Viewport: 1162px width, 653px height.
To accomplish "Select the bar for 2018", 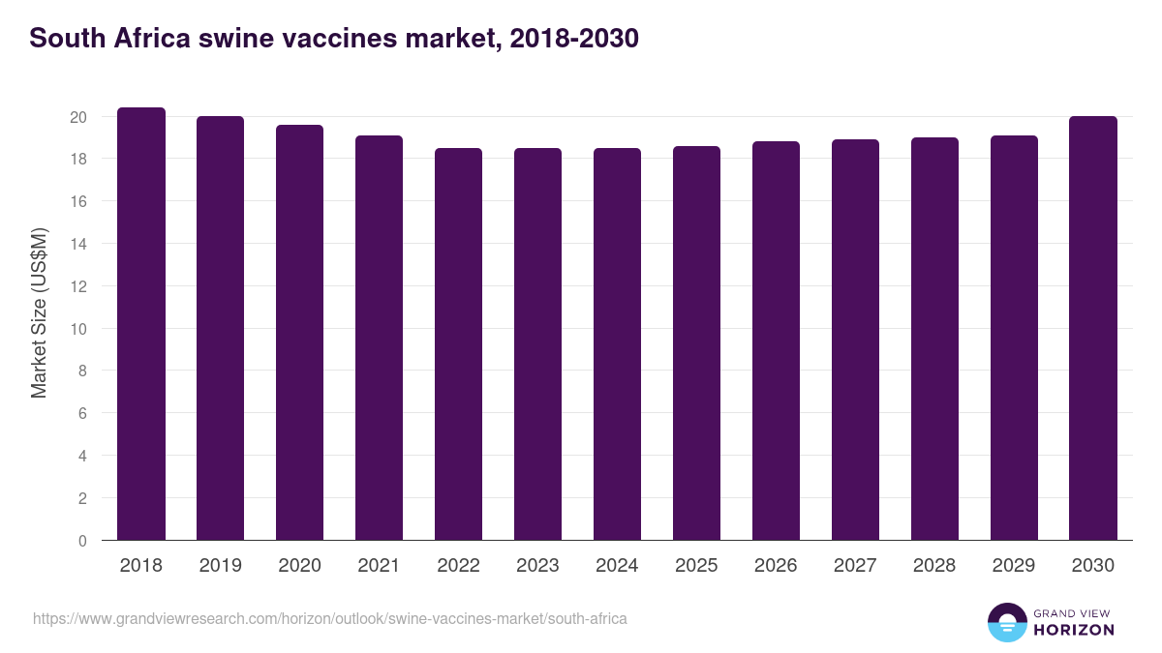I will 141,324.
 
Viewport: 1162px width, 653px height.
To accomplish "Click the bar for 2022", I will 458,344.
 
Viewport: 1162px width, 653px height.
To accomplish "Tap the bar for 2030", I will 1093,328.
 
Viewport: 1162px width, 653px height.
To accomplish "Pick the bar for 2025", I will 696,343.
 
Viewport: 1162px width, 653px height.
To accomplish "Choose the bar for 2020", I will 299,333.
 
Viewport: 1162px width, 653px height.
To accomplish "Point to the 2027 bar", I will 855,340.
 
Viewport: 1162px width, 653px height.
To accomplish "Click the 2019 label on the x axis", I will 220,566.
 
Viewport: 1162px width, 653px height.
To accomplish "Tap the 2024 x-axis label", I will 617,566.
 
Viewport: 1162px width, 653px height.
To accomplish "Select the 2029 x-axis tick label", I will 1014,566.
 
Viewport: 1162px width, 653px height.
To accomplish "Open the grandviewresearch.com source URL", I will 330,618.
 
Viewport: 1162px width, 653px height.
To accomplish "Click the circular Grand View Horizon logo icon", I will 1007,622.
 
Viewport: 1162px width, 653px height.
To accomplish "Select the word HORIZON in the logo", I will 1074,630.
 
